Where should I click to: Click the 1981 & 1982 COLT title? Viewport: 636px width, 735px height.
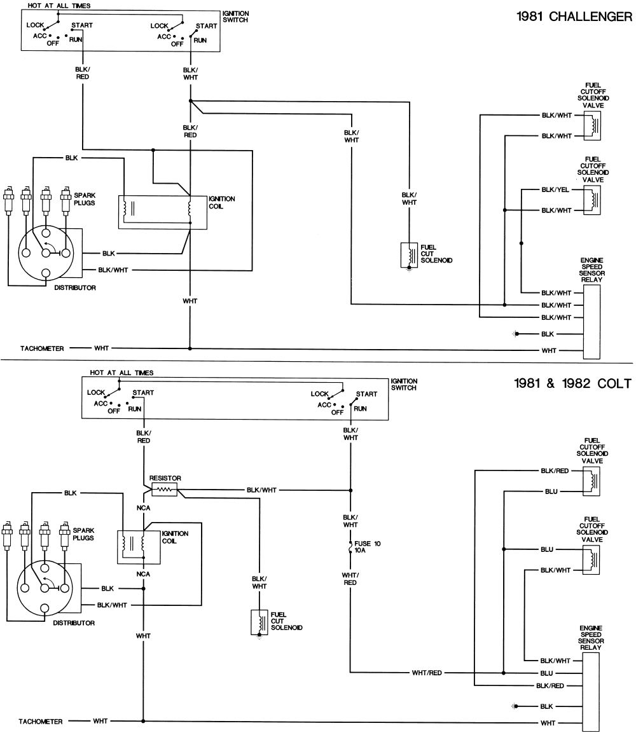pos(572,383)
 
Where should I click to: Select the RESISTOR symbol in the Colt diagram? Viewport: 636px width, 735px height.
pos(165,490)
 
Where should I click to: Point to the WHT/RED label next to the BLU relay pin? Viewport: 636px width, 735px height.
pos(425,673)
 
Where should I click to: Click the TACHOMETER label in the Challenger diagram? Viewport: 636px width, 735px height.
pos(41,348)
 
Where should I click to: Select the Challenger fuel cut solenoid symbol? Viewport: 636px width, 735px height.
pos(407,255)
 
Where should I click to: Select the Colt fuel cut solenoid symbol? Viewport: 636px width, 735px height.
pos(259,622)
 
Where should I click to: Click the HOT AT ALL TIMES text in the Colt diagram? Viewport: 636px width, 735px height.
pos(121,373)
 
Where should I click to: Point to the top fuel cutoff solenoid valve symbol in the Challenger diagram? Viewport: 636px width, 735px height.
pos(593,126)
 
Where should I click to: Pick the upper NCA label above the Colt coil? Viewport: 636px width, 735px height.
pos(143,509)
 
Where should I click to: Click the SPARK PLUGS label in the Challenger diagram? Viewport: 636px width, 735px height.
pos(85,198)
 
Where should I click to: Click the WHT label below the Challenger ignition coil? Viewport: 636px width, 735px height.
pos(190,300)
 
